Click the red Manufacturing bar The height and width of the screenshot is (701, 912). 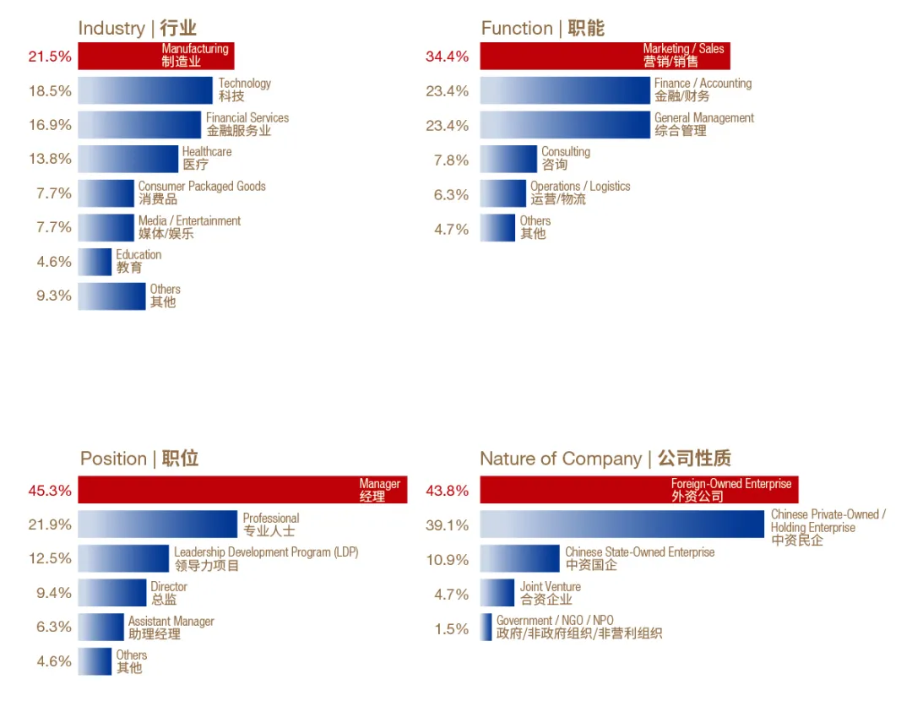tap(155, 56)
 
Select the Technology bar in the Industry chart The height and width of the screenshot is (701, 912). tap(145, 90)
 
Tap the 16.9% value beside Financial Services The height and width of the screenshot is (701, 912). tap(50, 125)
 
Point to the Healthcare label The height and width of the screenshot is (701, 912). tap(207, 158)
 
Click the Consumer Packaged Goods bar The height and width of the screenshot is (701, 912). tap(106, 193)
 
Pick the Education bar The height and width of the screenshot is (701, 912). tap(95, 262)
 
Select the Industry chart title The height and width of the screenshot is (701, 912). tap(137, 28)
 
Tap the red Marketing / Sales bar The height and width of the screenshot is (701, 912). tap(605, 56)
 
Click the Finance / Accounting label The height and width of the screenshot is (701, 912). tap(703, 90)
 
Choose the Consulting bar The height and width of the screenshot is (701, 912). tap(508, 159)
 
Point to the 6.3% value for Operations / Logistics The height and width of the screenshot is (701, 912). tap(451, 194)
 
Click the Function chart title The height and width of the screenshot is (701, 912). tap(542, 28)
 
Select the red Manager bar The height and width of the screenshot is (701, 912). tap(242, 490)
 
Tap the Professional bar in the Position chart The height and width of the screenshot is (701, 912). tap(157, 524)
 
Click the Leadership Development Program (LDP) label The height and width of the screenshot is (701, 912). tap(266, 558)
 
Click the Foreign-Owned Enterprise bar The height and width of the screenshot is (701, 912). tap(638, 490)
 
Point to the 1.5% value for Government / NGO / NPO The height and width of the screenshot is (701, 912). tap(451, 628)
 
